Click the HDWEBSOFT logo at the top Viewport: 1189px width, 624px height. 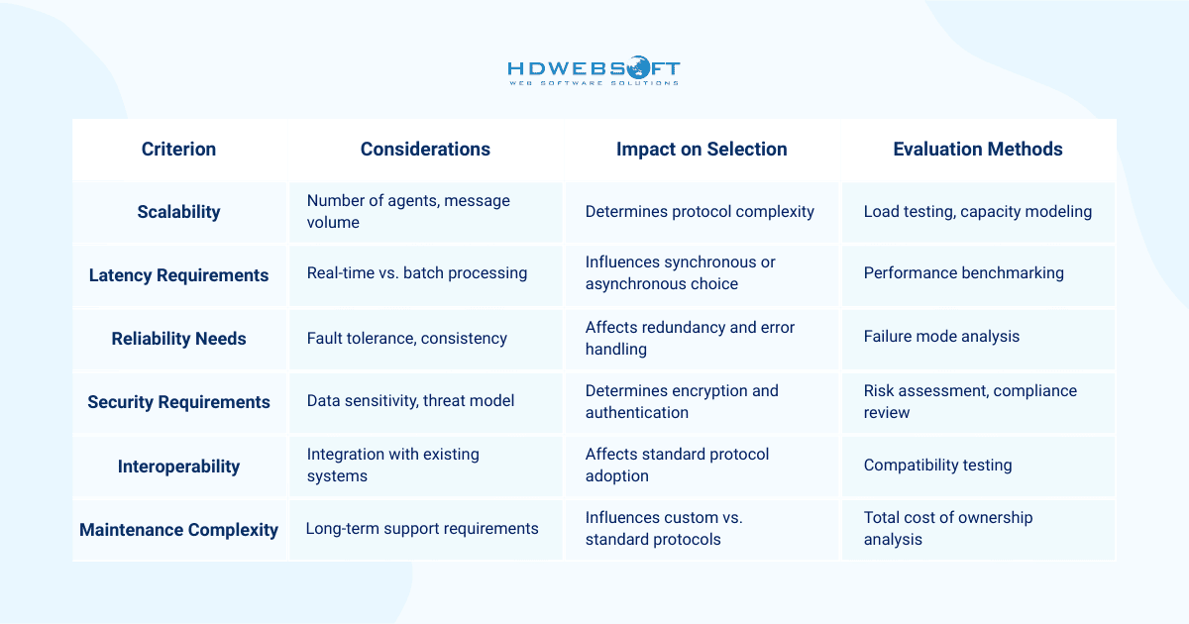coord(594,71)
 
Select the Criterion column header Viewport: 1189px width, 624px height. coord(178,150)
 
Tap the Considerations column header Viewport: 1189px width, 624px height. coord(425,150)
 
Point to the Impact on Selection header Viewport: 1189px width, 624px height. coord(702,150)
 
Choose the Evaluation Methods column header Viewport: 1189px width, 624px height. coord(977,150)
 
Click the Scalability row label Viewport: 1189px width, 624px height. coord(178,212)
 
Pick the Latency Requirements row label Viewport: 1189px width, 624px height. coord(178,275)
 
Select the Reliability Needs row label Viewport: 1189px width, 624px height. coord(178,339)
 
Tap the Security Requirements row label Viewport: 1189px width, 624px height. coord(178,402)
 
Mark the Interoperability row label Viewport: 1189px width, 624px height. coord(178,467)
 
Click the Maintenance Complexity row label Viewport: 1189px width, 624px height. coord(178,530)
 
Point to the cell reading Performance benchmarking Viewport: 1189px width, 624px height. coord(963,273)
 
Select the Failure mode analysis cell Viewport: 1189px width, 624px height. coord(941,337)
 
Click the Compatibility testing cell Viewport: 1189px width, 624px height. coord(937,465)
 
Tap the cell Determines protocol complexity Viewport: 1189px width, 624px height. coord(700,211)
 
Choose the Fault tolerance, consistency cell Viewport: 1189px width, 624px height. coord(406,339)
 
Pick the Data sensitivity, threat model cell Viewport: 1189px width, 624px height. coord(410,401)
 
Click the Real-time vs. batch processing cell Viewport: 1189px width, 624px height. coord(416,273)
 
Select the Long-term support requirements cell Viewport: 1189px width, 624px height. coord(422,529)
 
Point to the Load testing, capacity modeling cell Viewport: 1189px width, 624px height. coord(977,211)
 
